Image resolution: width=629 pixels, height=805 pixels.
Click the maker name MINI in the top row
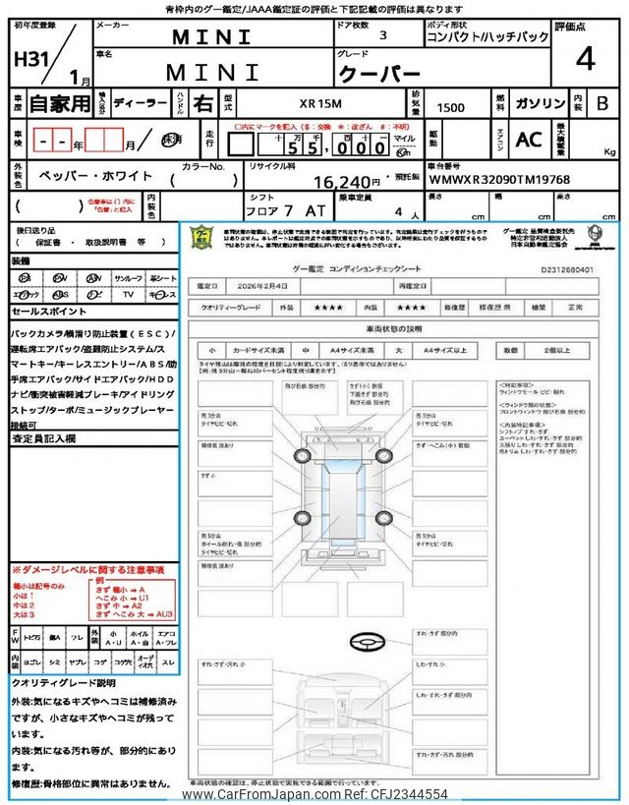click(x=211, y=37)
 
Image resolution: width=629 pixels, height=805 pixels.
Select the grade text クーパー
click(x=379, y=73)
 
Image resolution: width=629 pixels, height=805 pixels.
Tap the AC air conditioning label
click(x=529, y=140)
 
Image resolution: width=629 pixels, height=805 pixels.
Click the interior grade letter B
click(x=601, y=102)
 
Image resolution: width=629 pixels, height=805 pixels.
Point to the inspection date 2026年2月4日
click(x=263, y=285)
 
